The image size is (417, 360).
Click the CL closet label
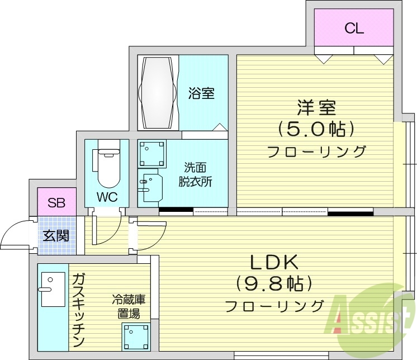(354, 29)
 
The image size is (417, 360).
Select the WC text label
(106, 197)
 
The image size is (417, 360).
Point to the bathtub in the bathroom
(158, 92)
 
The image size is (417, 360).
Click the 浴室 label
(201, 93)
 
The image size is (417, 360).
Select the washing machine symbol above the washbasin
(153, 152)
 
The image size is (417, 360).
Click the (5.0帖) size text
(316, 130)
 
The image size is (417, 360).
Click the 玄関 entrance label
(56, 235)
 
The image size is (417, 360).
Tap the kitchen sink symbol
(52, 290)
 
